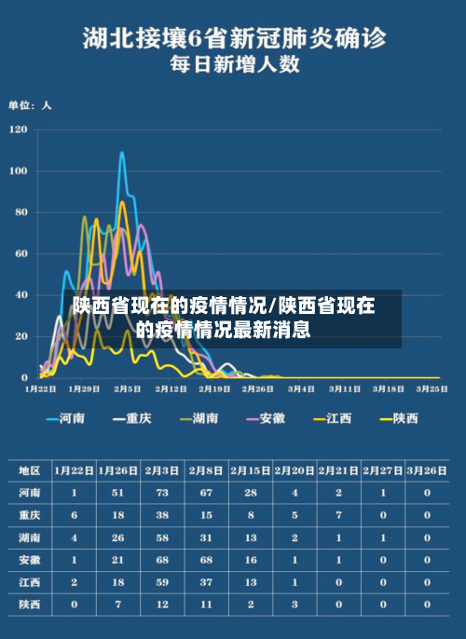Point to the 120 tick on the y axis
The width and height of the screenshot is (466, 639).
[19, 130]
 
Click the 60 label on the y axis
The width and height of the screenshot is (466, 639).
[21, 253]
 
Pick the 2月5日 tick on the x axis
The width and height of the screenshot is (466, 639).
[128, 388]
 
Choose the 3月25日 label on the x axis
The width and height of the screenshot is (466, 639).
[432, 388]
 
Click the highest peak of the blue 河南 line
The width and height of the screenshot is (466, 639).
[122, 153]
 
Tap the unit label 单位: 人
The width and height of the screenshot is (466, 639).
[30, 105]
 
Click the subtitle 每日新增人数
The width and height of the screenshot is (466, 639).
[233, 65]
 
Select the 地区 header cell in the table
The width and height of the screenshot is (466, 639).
[30, 469]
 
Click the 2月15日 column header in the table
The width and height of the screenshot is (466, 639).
[251, 469]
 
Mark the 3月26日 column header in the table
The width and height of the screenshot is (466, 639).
[427, 469]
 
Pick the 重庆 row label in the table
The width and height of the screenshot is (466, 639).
[30, 514]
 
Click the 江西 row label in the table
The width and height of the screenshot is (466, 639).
[30, 582]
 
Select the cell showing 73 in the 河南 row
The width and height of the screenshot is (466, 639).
[162, 492]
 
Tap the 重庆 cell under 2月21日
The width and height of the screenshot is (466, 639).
[338, 514]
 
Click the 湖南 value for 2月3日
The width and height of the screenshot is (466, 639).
[162, 537]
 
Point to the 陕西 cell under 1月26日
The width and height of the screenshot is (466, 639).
[118, 605]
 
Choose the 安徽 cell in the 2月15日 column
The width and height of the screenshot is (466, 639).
[251, 560]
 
